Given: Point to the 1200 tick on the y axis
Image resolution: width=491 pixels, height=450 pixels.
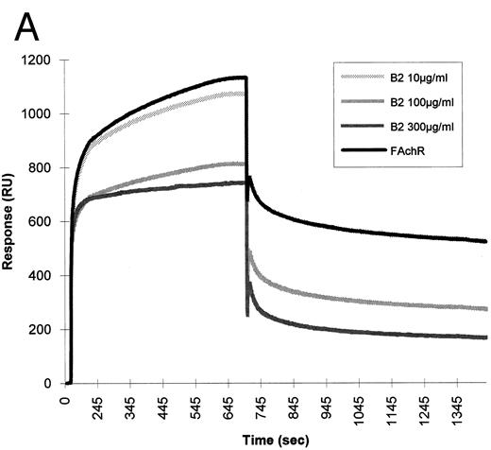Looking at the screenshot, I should click(39, 61).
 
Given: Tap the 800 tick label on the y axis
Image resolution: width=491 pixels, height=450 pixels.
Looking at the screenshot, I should click(42, 168).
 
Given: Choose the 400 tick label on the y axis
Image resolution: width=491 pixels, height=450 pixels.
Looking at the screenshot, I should click(42, 276).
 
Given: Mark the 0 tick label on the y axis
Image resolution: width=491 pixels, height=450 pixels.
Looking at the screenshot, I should click(49, 384).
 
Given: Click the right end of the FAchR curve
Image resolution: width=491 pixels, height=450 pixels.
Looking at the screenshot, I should click(485, 241).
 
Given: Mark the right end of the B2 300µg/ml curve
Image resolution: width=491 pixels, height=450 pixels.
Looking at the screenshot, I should click(485, 337).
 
